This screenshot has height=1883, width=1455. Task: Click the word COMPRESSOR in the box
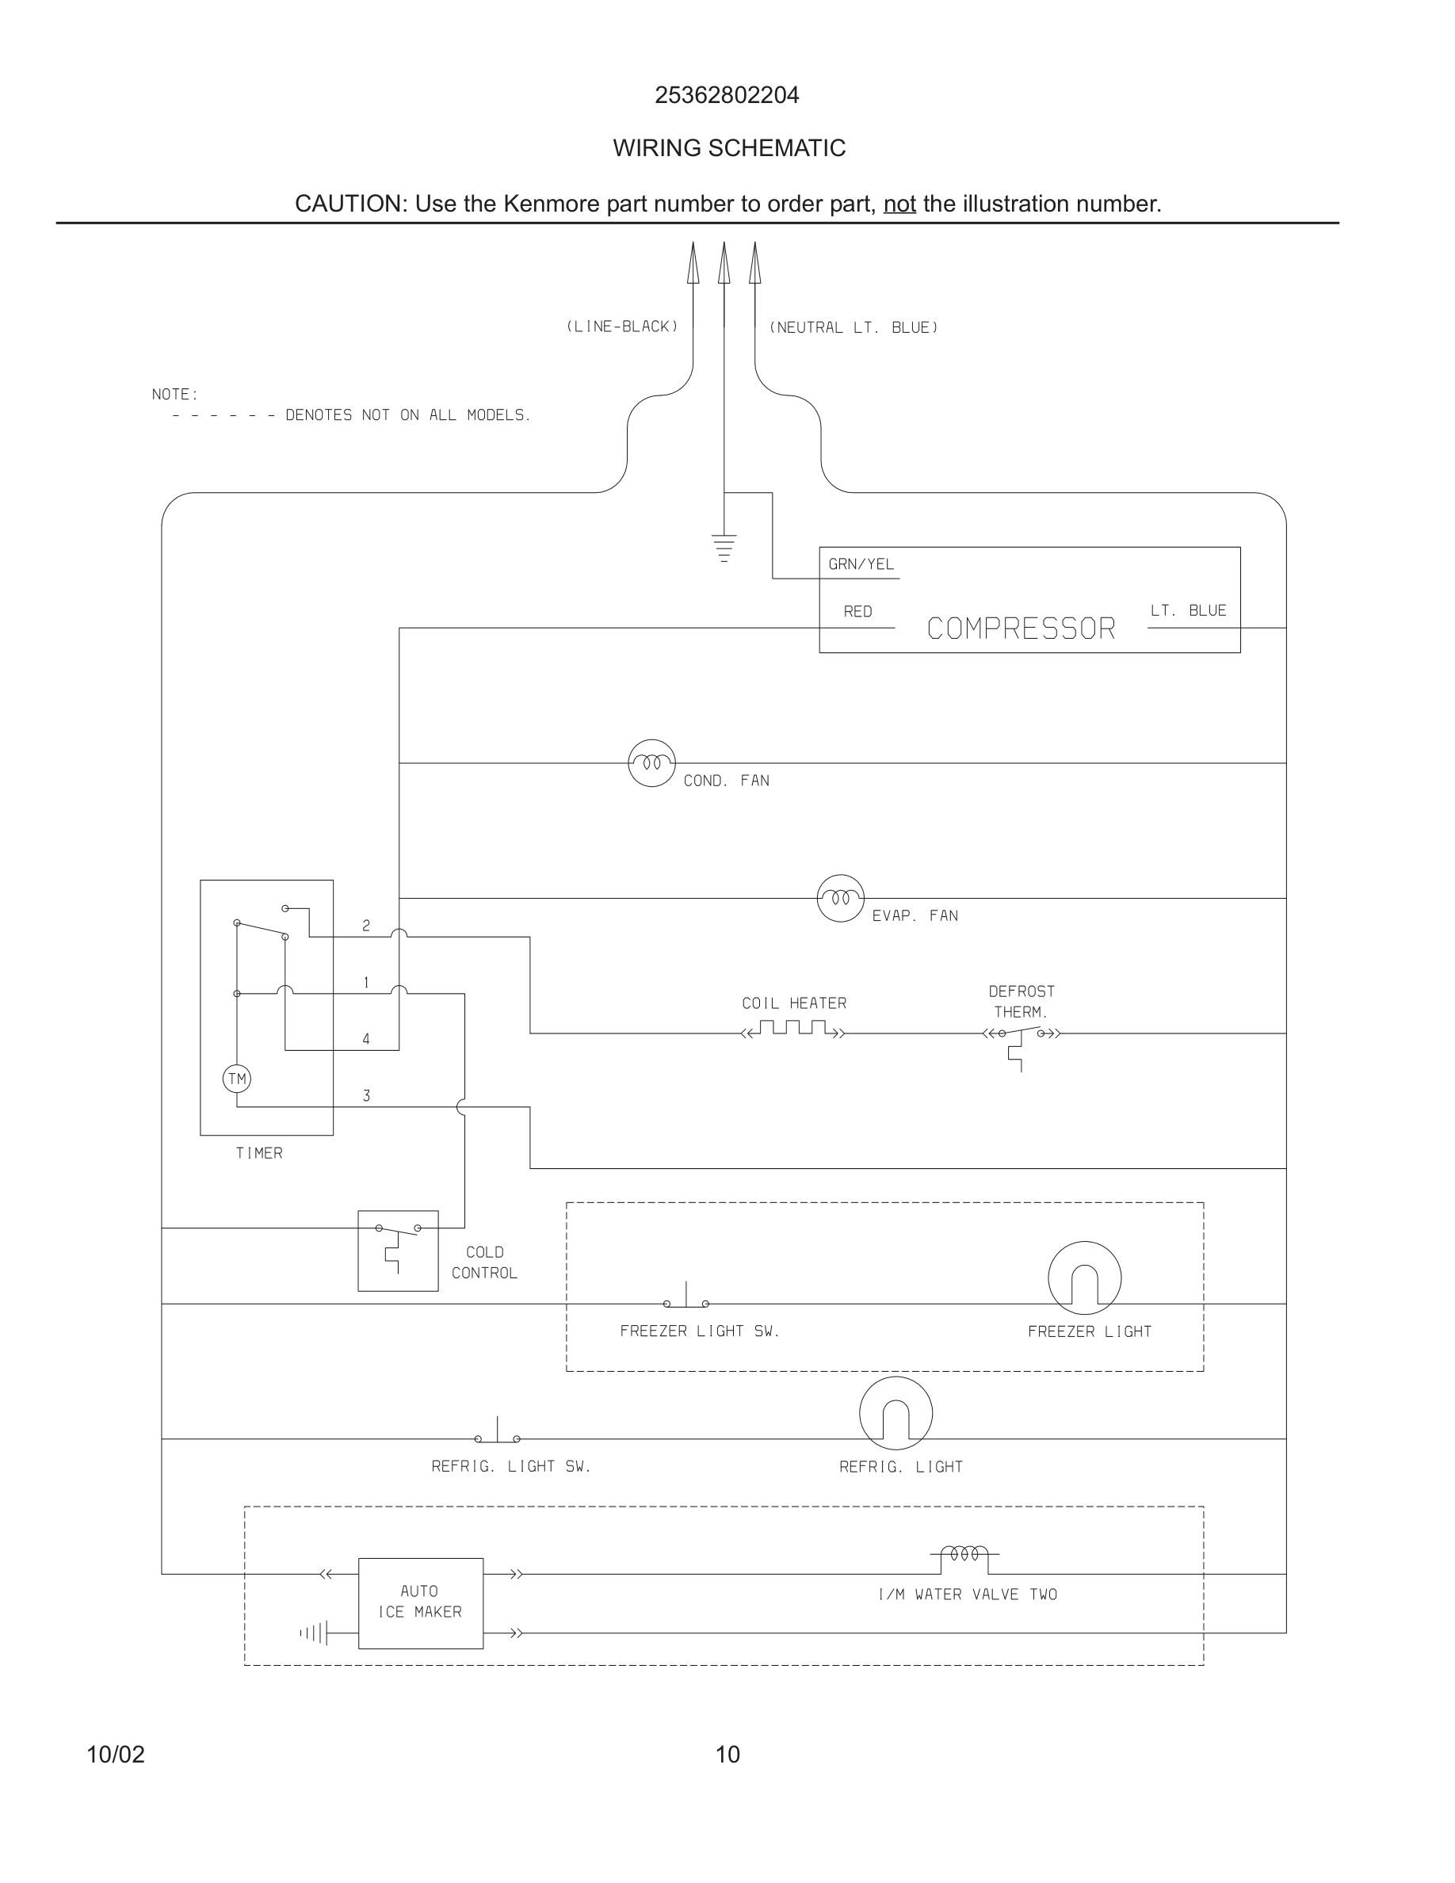[1021, 628]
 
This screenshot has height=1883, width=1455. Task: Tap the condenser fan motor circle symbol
[651, 763]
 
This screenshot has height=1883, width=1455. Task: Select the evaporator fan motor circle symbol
[840, 899]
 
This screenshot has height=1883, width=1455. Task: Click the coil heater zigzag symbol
[793, 1029]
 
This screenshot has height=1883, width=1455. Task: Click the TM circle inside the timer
[236, 1079]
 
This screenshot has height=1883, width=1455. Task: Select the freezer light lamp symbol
[1084, 1278]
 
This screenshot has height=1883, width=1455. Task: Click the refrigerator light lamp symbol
[896, 1413]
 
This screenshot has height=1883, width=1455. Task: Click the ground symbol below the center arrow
[724, 548]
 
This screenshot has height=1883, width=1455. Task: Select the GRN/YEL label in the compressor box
[861, 563]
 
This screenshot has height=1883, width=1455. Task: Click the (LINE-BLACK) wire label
[622, 327]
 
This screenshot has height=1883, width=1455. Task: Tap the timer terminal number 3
[366, 1096]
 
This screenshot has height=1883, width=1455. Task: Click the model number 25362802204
[727, 95]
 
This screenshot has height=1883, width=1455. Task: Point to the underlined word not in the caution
[899, 204]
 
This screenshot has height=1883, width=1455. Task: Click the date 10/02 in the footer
[116, 1755]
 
